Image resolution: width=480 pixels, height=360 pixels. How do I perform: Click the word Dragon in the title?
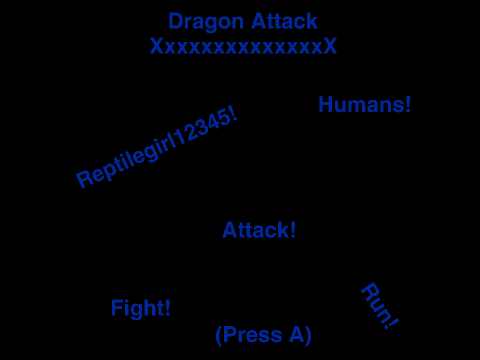coord(206,23)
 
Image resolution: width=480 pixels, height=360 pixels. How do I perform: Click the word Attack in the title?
coord(284,21)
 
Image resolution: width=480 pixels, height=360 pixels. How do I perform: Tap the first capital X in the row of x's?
coord(157,46)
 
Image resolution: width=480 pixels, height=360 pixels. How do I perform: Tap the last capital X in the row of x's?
coord(330,46)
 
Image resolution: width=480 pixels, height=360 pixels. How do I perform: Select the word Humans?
coord(365,104)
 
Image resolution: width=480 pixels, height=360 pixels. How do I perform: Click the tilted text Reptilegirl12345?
coord(157,147)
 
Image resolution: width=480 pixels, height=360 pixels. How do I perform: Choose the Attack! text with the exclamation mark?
coord(259,230)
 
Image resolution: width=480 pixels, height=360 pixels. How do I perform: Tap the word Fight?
coord(141,308)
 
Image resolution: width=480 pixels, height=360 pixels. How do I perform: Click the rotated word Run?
coord(380,306)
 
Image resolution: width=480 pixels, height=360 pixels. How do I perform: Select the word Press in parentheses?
coord(253,335)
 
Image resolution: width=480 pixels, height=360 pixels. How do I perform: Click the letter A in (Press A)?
coord(297,335)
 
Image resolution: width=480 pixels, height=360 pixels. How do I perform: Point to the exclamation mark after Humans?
coord(407,104)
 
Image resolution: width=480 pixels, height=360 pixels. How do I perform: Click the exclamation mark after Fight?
coord(167,307)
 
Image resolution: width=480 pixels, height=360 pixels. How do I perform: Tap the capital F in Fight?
coord(117,307)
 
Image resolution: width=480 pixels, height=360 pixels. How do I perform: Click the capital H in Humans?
coord(326,104)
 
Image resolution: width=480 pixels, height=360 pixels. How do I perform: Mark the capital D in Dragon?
coord(176,21)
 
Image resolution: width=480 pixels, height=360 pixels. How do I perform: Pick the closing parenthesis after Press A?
coord(308,335)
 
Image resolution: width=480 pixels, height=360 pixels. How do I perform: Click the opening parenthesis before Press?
coord(219,335)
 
